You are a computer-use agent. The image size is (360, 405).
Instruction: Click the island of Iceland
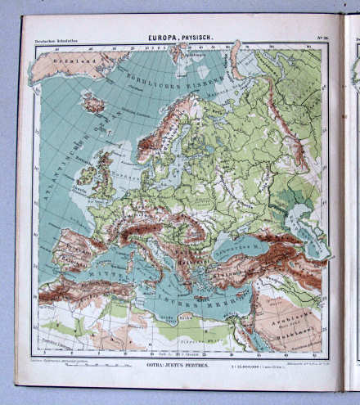click(x=95, y=104)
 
